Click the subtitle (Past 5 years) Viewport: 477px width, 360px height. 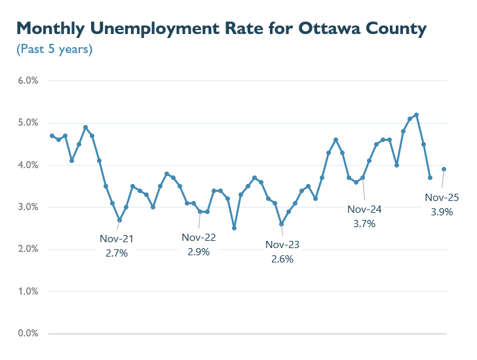[54, 49]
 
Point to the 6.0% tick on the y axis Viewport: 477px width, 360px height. [28, 81]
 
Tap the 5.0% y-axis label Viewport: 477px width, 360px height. [28, 123]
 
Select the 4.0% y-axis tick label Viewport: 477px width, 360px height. [28, 165]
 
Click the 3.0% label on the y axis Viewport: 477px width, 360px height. [28, 207]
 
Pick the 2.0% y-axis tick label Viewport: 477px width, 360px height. [28, 249]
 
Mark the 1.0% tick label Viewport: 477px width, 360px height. [28, 291]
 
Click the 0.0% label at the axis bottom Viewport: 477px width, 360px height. [28, 333]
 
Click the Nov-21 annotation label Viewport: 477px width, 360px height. [117, 239]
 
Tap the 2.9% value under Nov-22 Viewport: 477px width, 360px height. [198, 251]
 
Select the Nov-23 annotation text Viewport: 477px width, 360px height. [282, 245]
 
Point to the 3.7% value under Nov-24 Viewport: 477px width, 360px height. [364, 223]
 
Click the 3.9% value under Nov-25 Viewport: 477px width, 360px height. [442, 211]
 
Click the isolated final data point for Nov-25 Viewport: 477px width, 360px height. [444, 169]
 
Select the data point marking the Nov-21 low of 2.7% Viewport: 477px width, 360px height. [119, 220]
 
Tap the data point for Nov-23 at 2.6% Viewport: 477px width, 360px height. [281, 224]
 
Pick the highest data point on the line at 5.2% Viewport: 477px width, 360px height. [417, 115]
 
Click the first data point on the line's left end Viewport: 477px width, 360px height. [52, 135]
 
